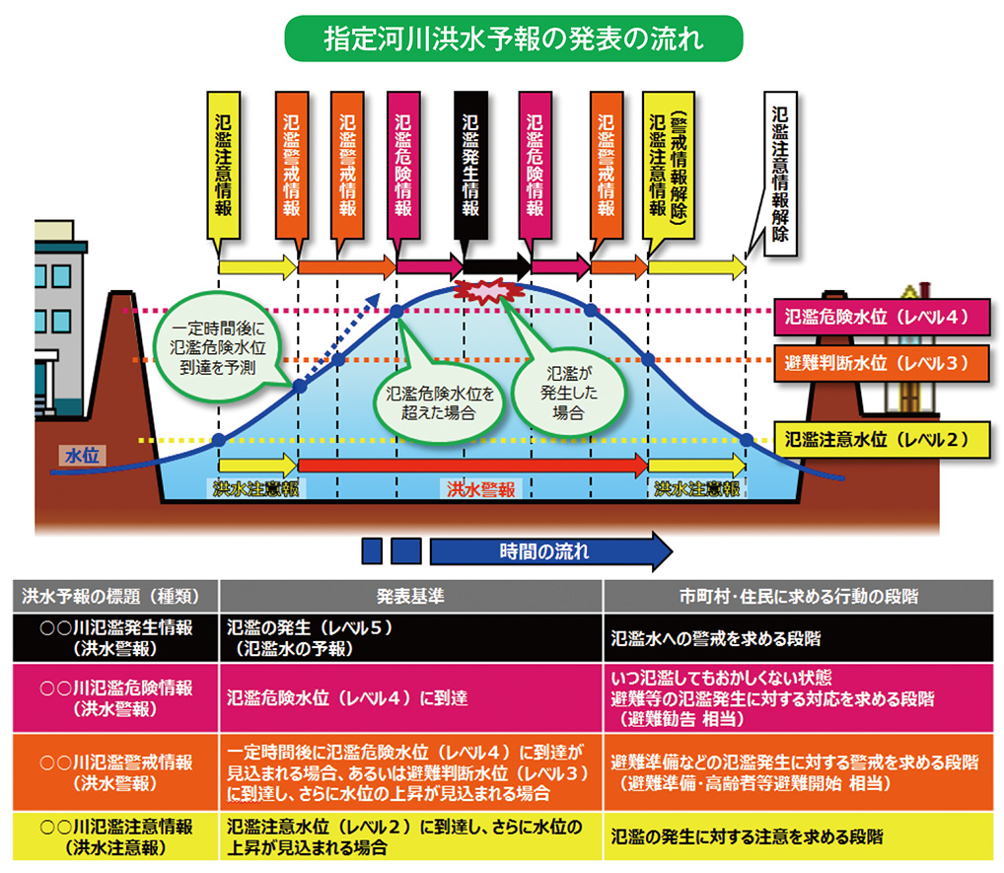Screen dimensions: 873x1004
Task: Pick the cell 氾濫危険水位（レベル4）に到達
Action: point(347,697)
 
